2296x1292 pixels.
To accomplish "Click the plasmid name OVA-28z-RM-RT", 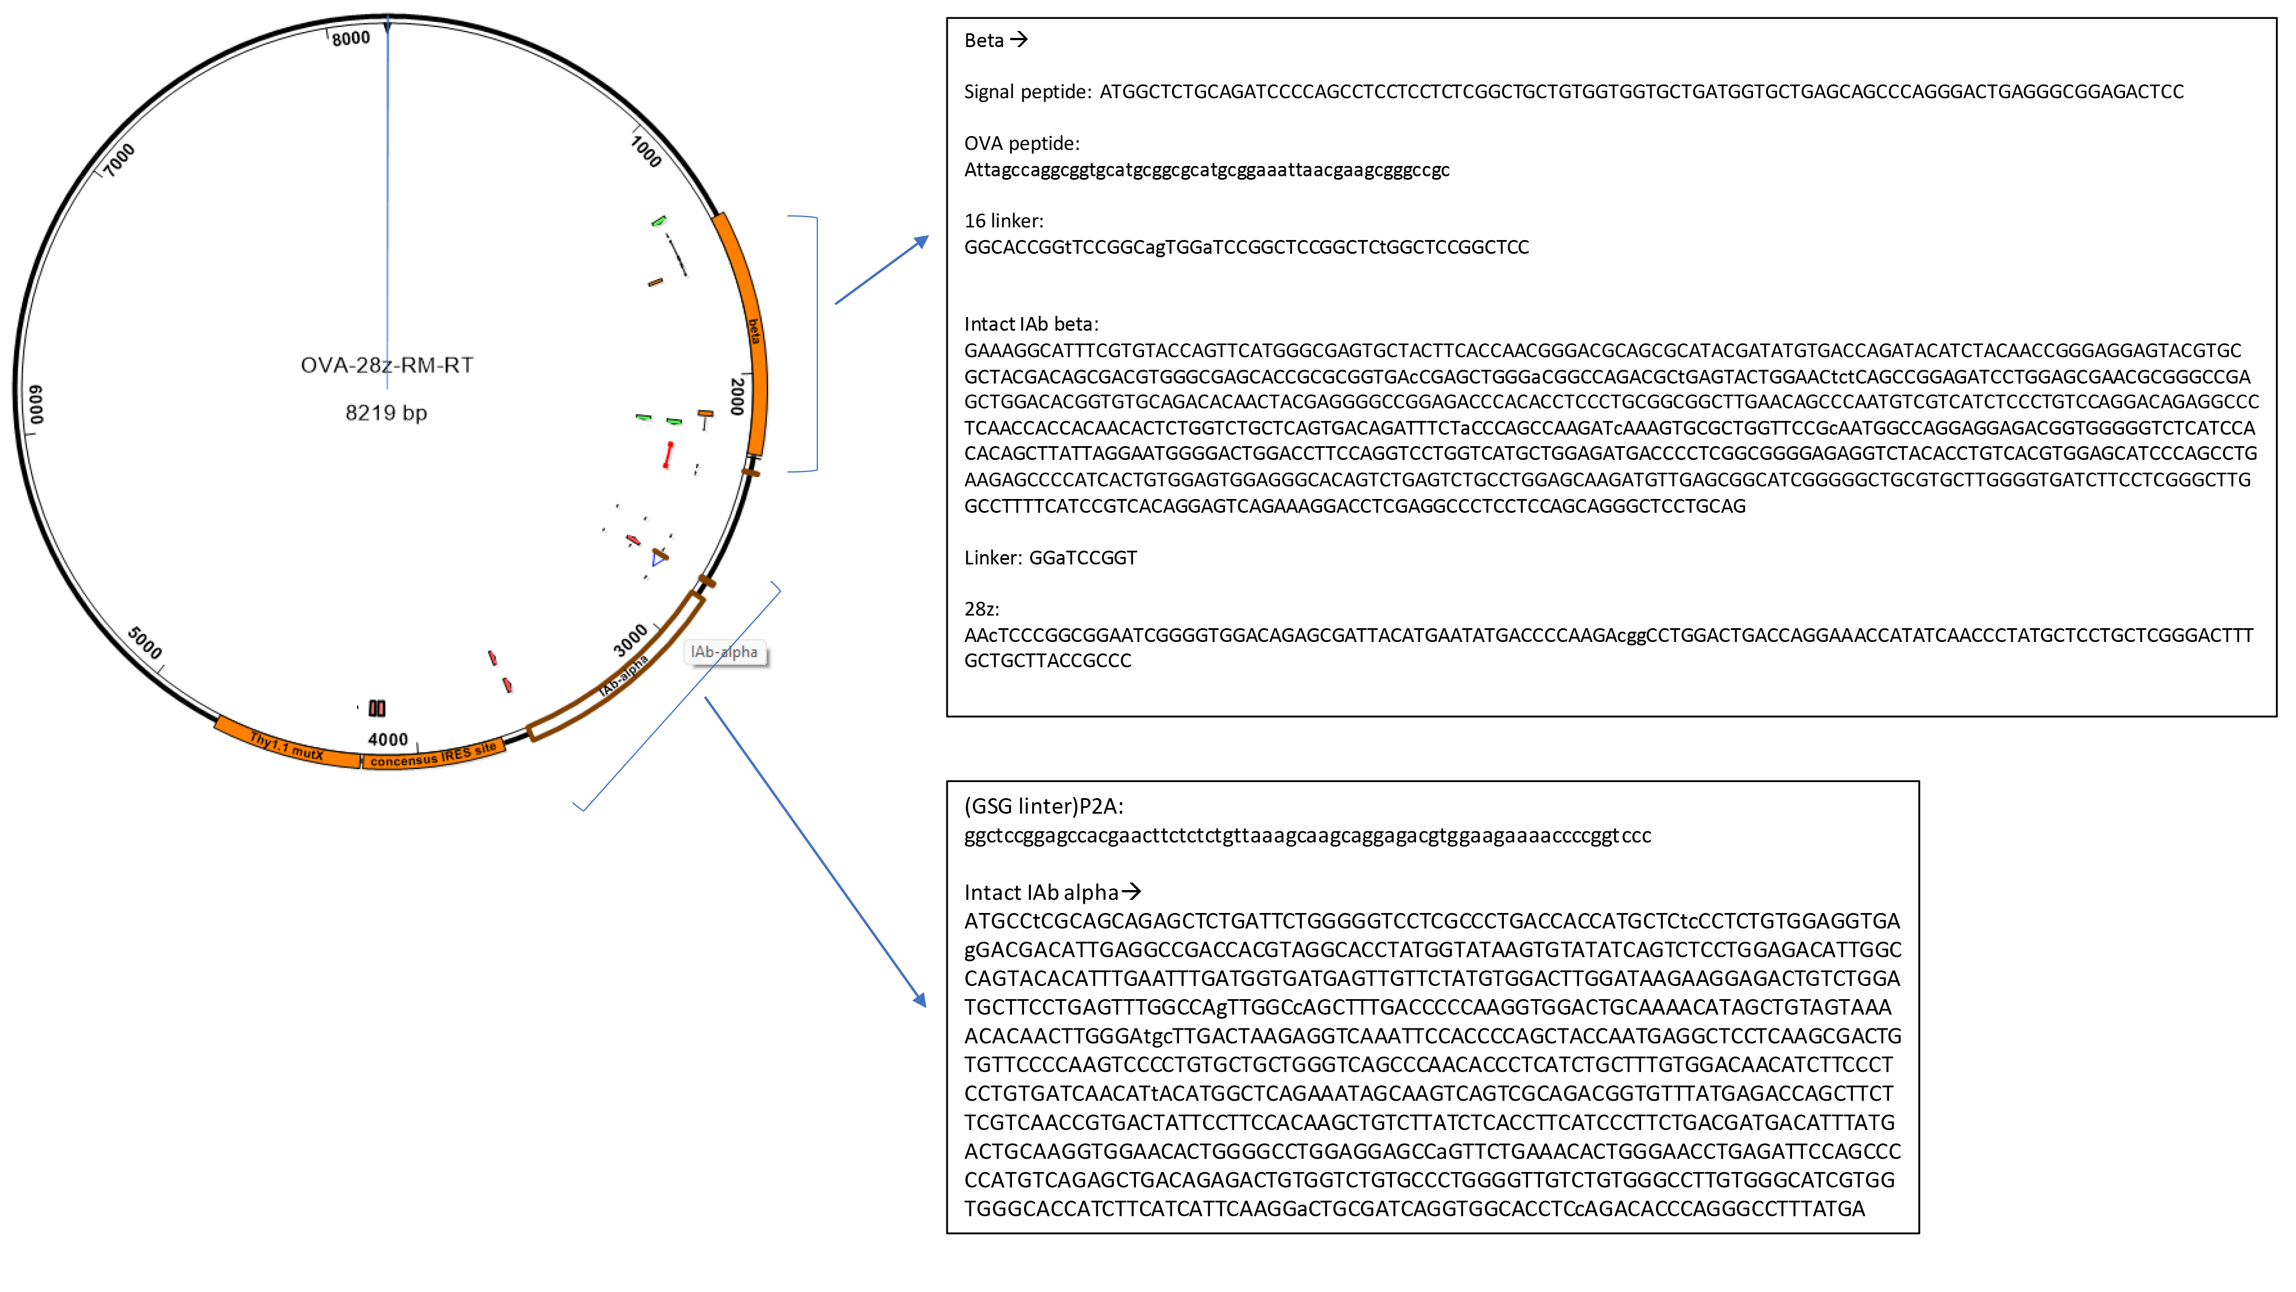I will (x=387, y=366).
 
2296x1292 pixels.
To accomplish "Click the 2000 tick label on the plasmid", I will (x=737, y=396).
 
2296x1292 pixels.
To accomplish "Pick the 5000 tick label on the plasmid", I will (x=145, y=642).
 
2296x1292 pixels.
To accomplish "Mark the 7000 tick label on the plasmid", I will (x=119, y=160).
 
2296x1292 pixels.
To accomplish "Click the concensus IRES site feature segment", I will (x=433, y=755).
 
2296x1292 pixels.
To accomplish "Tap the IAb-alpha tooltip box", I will (x=724, y=652).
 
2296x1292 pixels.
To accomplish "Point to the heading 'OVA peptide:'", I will (x=1022, y=144).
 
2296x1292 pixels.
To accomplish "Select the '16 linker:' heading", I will (x=1003, y=221).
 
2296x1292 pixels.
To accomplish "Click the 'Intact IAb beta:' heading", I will (x=1031, y=324).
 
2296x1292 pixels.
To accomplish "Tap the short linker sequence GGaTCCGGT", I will (x=1083, y=558).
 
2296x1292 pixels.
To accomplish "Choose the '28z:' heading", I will (x=982, y=609).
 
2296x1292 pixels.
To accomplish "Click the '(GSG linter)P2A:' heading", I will (x=1044, y=807).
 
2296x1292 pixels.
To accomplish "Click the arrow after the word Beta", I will (x=1019, y=40).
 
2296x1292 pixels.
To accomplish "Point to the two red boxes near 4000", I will (x=377, y=709).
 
